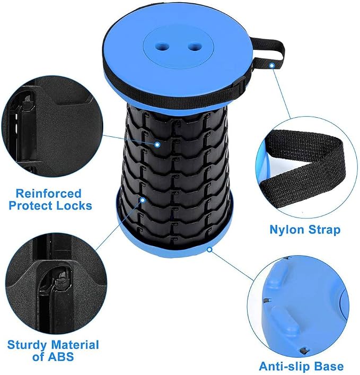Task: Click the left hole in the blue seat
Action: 162,46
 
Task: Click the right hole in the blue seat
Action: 195,46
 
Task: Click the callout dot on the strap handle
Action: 272,65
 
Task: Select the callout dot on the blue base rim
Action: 209,249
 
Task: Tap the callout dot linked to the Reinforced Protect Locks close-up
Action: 157,144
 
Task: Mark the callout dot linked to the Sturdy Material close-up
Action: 143,199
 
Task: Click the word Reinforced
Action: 49,194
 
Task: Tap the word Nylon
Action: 287,230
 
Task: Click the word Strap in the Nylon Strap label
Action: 324,230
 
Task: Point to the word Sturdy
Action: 27,346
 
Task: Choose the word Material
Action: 75,345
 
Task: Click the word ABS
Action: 61,357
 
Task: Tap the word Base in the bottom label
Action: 329,367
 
